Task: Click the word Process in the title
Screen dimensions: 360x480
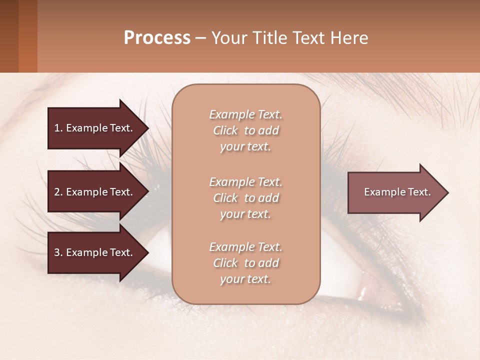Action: tap(157, 37)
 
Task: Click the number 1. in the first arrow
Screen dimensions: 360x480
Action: tap(58, 128)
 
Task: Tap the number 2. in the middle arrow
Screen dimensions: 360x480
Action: tap(58, 192)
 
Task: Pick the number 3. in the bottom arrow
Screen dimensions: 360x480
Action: tap(58, 252)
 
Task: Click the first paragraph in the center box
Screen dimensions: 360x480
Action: tap(245, 130)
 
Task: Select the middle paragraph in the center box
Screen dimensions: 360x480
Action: tap(245, 198)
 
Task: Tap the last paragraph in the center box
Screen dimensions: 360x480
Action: tap(245, 263)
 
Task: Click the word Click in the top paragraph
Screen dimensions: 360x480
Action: tap(225, 130)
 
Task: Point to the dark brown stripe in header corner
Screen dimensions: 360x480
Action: tap(9, 36)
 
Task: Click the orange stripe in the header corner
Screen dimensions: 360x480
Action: tap(28, 36)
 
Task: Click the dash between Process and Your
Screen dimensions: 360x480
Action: tap(200, 38)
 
